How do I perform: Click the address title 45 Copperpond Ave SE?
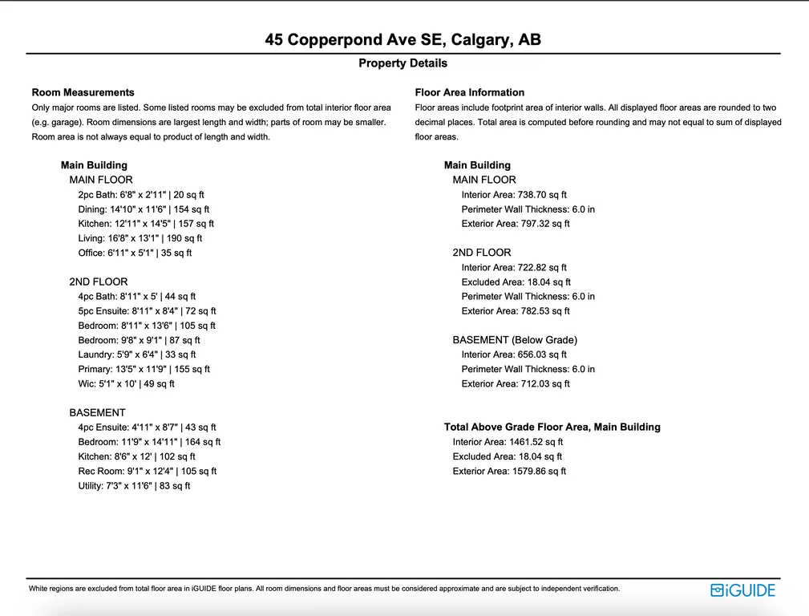[x=402, y=40]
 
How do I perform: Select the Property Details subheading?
[x=402, y=63]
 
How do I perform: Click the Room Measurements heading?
[x=83, y=92]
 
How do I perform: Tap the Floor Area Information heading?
[x=470, y=92]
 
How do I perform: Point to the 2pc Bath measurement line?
[x=141, y=195]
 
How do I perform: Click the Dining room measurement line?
[x=144, y=209]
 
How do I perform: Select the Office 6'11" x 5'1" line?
[x=135, y=253]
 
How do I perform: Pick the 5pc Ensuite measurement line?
[x=147, y=311]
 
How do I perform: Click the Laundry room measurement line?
[x=137, y=355]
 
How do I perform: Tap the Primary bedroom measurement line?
[x=144, y=369]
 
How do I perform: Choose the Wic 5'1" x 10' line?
[x=126, y=383]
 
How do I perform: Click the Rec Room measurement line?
[x=147, y=472]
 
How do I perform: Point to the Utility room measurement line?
[x=134, y=486]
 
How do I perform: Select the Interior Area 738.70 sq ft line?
[x=514, y=195]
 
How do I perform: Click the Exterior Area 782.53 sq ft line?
[x=516, y=311]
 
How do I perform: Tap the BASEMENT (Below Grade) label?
[x=515, y=340]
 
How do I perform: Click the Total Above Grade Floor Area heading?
[x=552, y=428]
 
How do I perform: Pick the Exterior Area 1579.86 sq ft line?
[x=509, y=472]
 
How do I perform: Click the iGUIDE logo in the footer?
[x=743, y=590]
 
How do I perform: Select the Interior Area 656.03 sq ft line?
[x=514, y=355]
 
